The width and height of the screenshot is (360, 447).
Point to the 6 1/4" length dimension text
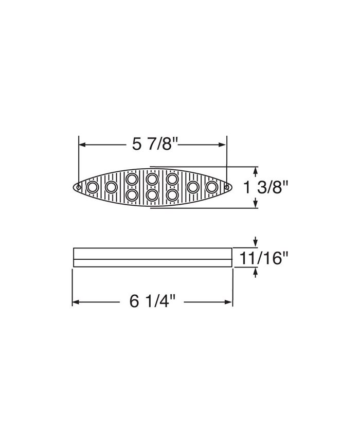point(153,302)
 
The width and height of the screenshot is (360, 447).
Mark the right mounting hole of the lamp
point(226,187)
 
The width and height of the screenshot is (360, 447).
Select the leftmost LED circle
point(93,187)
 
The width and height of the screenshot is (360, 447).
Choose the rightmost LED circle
point(211,187)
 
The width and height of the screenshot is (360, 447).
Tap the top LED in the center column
point(152,179)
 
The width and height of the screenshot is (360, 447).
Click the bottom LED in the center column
point(152,195)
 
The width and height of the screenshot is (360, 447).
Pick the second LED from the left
point(111,187)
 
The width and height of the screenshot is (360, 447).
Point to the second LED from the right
point(193,187)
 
